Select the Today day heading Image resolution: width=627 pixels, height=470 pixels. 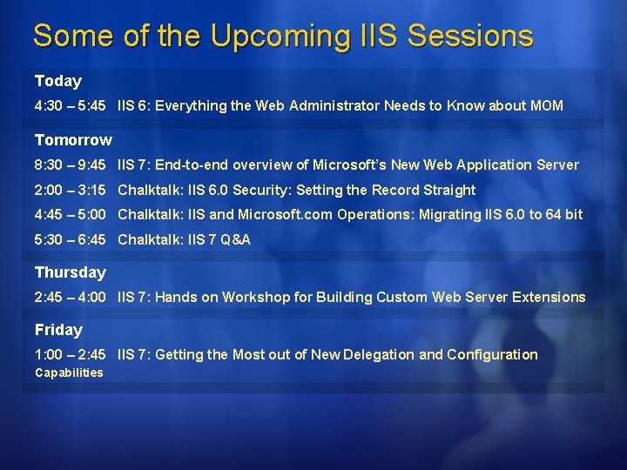click(57, 81)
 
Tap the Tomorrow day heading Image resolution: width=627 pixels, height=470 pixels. click(73, 140)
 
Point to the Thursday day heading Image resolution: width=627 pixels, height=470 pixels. click(70, 272)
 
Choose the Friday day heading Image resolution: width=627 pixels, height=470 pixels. click(58, 330)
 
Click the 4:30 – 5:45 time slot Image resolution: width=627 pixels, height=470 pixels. click(70, 106)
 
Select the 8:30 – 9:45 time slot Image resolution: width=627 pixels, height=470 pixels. click(70, 164)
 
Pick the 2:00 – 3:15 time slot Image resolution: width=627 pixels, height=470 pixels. click(70, 190)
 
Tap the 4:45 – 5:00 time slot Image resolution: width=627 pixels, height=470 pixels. click(70, 214)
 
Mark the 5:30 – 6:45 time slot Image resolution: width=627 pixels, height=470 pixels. click(70, 239)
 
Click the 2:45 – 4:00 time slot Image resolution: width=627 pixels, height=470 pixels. click(70, 297)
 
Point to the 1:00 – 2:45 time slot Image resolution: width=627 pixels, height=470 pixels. click(70, 354)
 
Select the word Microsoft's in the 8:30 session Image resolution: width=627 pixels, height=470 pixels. click(348, 164)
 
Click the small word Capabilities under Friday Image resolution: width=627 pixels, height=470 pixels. click(69, 373)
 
